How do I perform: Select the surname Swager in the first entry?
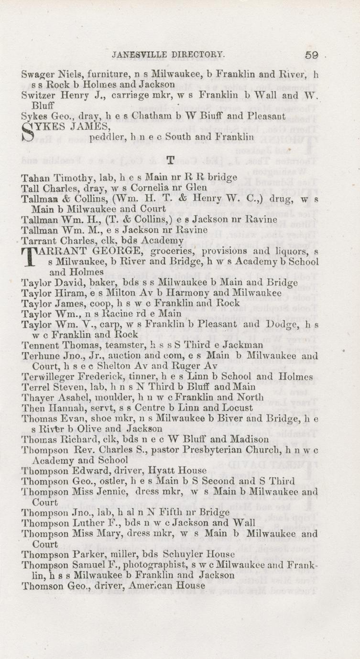pyautogui.click(x=37, y=75)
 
